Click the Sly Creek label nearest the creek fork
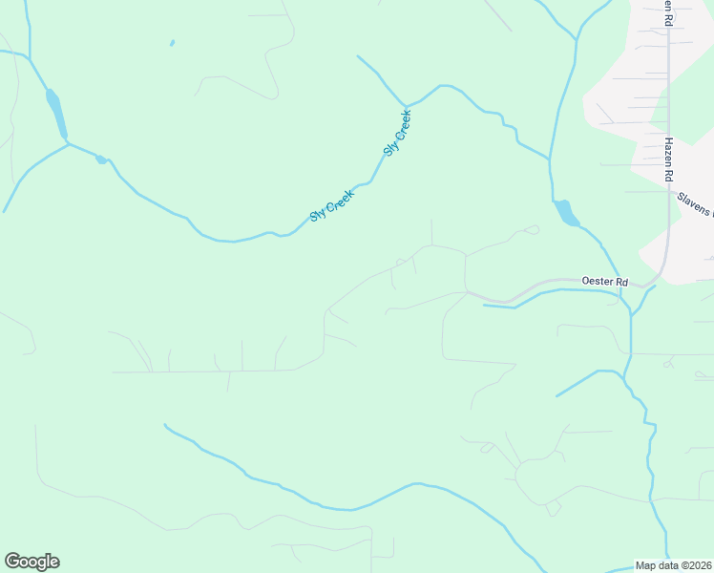397,133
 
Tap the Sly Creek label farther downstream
331,204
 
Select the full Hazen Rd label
670,160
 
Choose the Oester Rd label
605,282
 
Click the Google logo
31,562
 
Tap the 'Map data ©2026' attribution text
674,565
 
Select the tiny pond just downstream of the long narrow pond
101,159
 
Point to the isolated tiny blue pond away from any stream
172,43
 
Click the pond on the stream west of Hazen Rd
566,213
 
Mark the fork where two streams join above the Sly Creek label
406,105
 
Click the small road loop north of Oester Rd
531,229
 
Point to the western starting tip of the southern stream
165,425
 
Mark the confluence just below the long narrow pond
67,143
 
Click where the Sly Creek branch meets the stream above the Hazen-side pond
550,158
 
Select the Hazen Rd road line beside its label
668,115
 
